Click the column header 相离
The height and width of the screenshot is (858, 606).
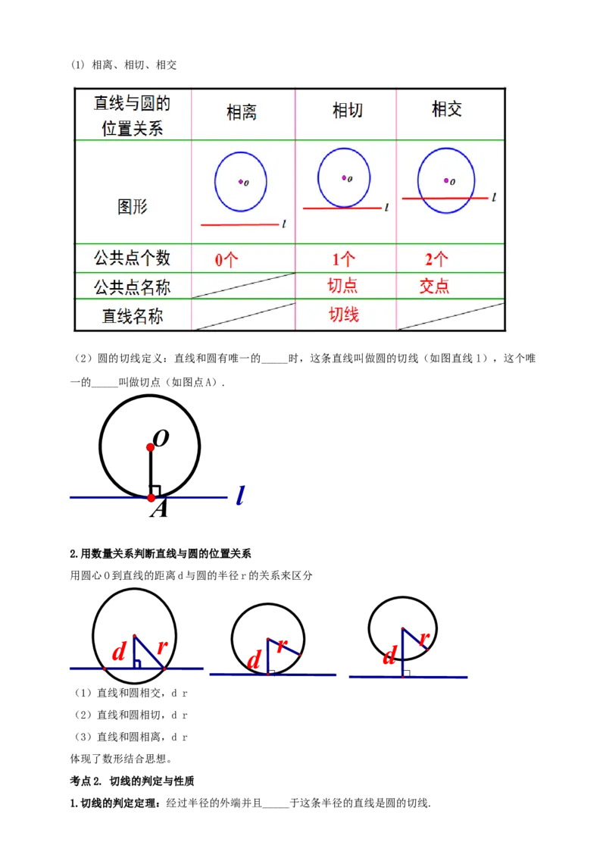(x=242, y=112)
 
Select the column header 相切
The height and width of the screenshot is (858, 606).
(x=348, y=111)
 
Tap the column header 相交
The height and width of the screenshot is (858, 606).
(x=447, y=110)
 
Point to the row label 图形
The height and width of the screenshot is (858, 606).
(x=133, y=206)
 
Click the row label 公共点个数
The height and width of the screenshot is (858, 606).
(x=133, y=258)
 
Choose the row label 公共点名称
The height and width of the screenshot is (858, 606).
(x=133, y=287)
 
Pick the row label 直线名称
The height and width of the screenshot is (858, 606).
(x=133, y=316)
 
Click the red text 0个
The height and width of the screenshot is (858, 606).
(x=226, y=260)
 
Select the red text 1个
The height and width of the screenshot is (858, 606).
(x=343, y=259)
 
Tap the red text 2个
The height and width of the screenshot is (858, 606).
(x=436, y=259)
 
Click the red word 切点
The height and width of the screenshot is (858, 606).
(x=342, y=286)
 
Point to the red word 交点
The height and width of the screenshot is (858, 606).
(x=434, y=286)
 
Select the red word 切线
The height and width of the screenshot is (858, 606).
(x=343, y=315)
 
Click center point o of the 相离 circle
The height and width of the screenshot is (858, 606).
(x=241, y=181)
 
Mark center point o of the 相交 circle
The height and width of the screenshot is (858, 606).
(x=446, y=180)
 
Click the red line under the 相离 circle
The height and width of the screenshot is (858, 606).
(x=239, y=224)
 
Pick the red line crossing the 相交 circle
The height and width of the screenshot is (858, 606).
(x=445, y=198)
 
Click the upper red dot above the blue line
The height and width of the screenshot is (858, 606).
(x=151, y=448)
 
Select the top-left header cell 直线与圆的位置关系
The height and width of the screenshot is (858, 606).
(x=133, y=115)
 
